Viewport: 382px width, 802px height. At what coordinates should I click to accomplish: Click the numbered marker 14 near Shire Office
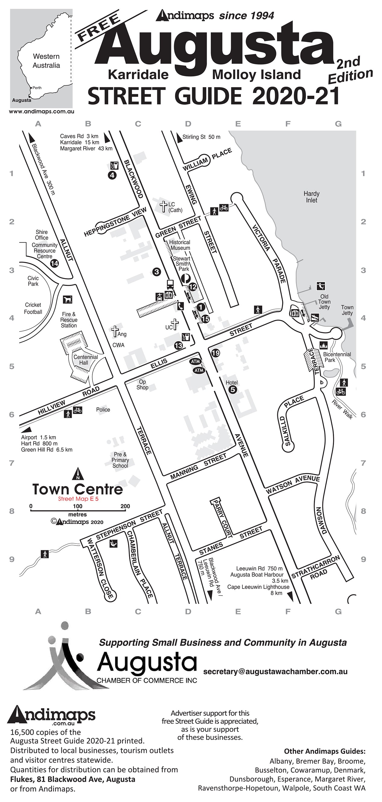click(54, 263)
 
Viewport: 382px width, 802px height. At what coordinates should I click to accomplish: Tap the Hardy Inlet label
click(311, 197)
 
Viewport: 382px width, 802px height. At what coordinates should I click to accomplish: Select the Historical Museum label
click(180, 245)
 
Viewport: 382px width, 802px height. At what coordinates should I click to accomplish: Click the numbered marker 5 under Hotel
click(232, 390)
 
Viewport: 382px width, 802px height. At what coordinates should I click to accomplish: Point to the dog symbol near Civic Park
click(68, 300)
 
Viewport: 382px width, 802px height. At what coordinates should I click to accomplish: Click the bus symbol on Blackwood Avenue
click(170, 284)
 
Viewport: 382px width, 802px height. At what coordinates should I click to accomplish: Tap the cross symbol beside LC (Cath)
click(163, 206)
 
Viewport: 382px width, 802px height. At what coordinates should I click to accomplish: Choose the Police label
click(103, 410)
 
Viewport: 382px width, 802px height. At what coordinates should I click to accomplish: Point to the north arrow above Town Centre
click(78, 474)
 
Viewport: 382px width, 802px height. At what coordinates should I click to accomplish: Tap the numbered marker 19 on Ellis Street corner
click(215, 353)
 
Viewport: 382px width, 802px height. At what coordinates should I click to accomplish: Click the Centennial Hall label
click(86, 360)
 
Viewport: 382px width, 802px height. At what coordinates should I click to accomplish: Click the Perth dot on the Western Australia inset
click(31, 88)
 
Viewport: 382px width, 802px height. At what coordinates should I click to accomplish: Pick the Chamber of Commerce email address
click(275, 672)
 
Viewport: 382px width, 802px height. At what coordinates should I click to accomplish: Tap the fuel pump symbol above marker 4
click(114, 165)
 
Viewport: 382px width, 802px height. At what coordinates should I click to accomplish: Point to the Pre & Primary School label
click(120, 460)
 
